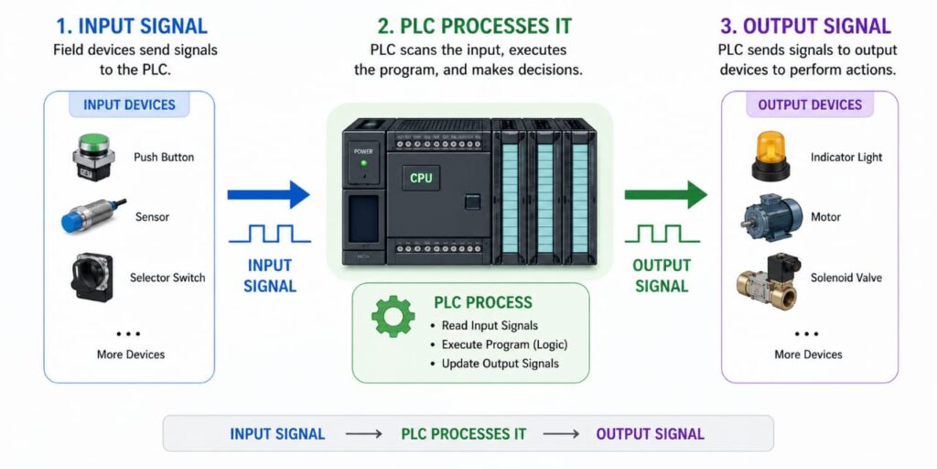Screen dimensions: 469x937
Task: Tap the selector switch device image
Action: point(92,277)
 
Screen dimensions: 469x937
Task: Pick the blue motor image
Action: point(770,217)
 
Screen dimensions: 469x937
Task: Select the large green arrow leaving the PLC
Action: point(665,194)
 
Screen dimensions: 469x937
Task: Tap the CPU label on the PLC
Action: point(421,179)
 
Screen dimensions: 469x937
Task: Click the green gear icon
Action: point(393,316)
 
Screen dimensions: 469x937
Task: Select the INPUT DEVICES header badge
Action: point(129,104)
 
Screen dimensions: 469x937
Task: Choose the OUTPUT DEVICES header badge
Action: point(810,104)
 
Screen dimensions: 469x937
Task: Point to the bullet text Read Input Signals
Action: point(490,325)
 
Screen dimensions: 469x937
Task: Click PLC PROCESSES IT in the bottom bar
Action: point(464,433)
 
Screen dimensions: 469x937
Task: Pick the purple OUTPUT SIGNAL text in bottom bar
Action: point(650,433)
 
